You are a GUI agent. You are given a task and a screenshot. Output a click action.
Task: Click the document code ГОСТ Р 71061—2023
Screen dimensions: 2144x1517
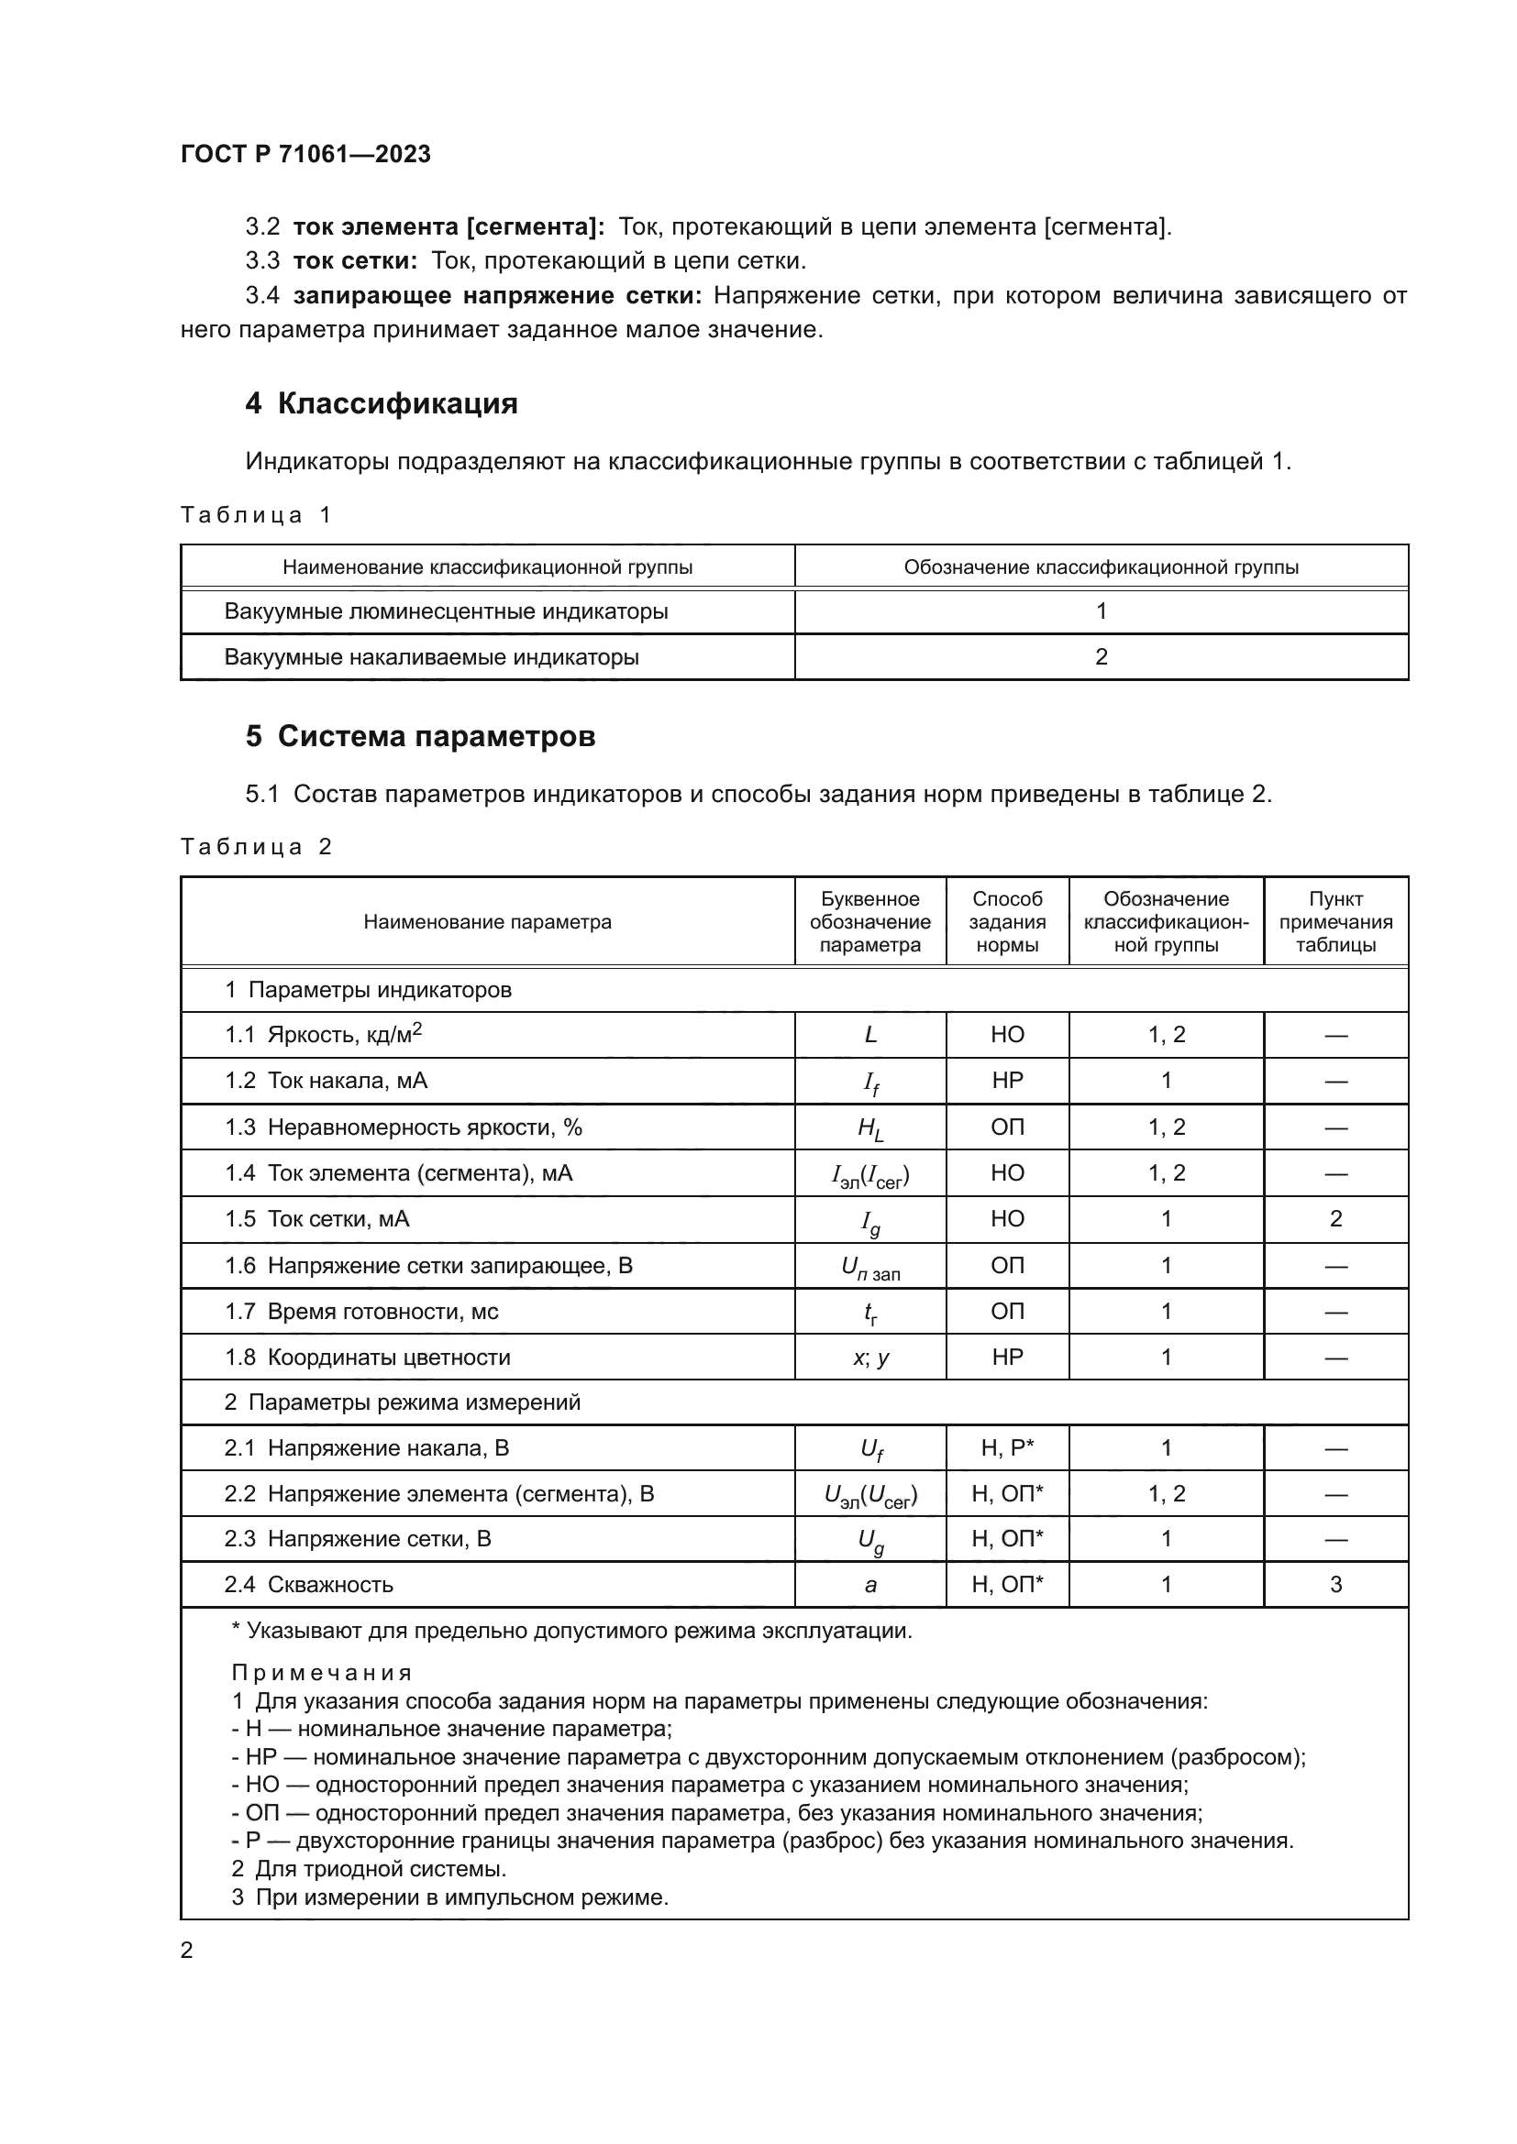pyautogui.click(x=305, y=154)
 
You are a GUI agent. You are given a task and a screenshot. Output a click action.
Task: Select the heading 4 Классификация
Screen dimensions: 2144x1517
pyautogui.click(x=382, y=403)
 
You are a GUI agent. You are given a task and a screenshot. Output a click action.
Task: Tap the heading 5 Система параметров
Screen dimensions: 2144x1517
pyautogui.click(x=420, y=737)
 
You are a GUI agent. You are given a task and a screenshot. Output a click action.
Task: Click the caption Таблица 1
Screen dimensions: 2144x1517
pyautogui.click(x=256, y=514)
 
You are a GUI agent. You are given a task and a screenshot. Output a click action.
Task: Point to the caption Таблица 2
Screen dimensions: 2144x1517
pyautogui.click(x=256, y=847)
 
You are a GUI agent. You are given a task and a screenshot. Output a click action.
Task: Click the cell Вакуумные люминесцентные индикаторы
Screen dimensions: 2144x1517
pyautogui.click(x=446, y=611)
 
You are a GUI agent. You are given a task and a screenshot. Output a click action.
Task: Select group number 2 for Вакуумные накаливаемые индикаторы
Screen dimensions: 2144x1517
pyautogui.click(x=1102, y=656)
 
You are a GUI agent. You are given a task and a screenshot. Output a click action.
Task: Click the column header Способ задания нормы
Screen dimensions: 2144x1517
pyautogui.click(x=1007, y=921)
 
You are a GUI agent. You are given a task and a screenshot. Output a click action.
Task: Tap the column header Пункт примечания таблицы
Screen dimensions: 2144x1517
pyautogui.click(x=1335, y=921)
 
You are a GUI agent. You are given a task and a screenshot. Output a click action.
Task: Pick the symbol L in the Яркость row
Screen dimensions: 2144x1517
pyautogui.click(x=870, y=1035)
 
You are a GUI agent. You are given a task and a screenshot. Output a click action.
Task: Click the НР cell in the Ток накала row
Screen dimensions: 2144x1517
pyautogui.click(x=1007, y=1081)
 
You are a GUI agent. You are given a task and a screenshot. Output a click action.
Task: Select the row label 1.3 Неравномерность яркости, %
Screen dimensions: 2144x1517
pyautogui.click(x=403, y=1127)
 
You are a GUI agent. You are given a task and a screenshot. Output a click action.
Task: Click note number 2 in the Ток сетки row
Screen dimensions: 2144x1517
pyautogui.click(x=1335, y=1218)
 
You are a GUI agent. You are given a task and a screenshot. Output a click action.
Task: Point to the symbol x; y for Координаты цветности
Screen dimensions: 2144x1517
pyautogui.click(x=870, y=1358)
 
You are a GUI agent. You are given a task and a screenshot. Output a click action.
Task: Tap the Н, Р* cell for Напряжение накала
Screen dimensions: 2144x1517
pyautogui.click(x=1007, y=1448)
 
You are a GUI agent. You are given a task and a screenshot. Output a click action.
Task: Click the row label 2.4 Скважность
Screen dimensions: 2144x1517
pyautogui.click(x=308, y=1585)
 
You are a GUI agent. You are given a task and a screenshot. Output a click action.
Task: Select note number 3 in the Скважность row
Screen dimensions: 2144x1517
pyautogui.click(x=1335, y=1585)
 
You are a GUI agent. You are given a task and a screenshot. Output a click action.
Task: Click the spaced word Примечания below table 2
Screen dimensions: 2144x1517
pyautogui.click(x=321, y=1674)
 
